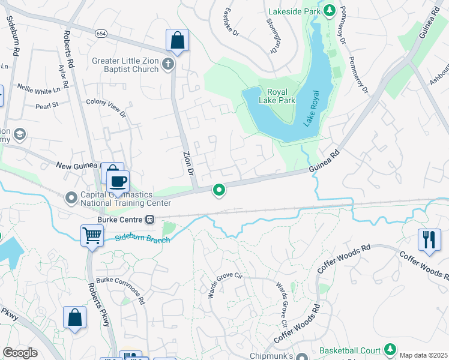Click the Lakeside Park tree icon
coord(329,10)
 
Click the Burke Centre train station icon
coord(150,220)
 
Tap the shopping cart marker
coord(92,235)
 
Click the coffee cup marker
coord(118,181)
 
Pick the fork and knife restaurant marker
coord(429,239)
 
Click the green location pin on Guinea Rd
coord(219,190)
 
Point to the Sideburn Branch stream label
coord(142,239)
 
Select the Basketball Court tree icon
coord(390,349)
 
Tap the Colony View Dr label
coord(106,108)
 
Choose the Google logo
coord(20,352)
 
